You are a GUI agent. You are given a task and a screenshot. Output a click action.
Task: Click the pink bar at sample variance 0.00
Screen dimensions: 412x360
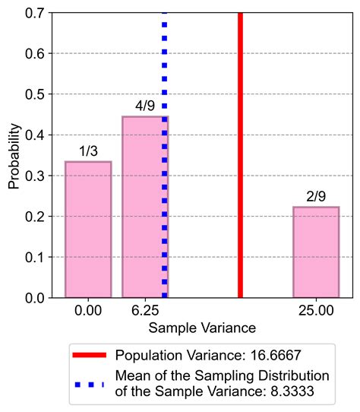[88, 230]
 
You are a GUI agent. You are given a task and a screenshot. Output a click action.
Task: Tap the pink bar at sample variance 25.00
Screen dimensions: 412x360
[316, 252]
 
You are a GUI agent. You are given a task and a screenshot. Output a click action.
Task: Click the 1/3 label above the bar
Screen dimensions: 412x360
[88, 151]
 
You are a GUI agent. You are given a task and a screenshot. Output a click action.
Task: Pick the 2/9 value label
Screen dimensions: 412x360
[316, 195]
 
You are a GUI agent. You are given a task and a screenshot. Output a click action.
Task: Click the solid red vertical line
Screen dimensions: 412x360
[240, 152]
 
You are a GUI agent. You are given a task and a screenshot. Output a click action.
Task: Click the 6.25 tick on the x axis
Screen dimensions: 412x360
[145, 311]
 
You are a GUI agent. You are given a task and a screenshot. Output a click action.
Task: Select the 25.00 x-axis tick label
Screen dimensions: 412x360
[316, 311]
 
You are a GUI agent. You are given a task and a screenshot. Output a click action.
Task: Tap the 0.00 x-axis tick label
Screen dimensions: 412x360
[88, 311]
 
